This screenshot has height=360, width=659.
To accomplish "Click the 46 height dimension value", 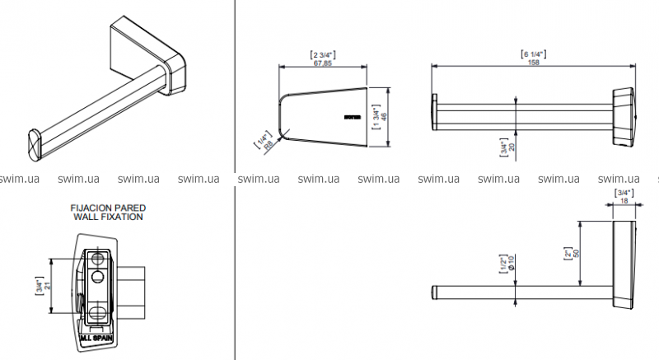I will pos(384,118).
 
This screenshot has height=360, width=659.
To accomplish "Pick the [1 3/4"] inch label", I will pos(374,118).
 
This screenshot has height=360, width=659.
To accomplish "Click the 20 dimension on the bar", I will pos(512,147).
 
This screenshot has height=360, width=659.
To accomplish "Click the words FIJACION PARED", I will pos(108,209).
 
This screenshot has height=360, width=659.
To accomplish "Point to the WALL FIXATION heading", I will pos(108,217).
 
